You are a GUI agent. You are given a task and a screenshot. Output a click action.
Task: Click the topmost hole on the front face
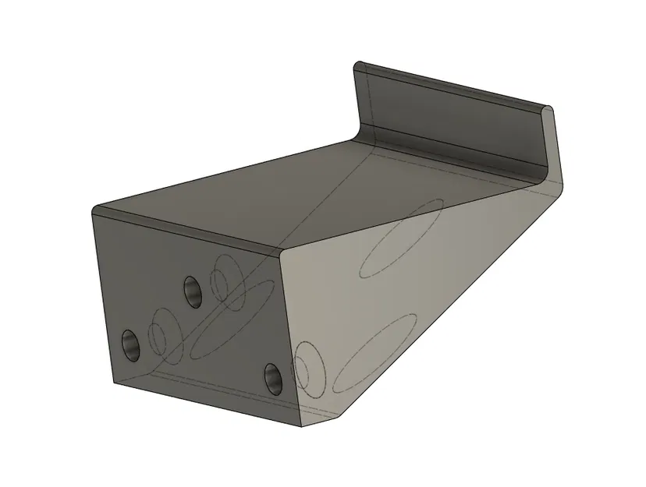pos(192,291)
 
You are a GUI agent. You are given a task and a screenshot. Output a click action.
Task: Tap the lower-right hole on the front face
pos(272,378)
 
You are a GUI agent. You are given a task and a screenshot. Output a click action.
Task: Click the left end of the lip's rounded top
pos(360,65)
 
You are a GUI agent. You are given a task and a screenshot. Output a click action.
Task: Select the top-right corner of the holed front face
pos(281,251)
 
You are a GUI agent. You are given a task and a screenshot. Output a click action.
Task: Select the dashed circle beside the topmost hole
pos(225,276)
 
